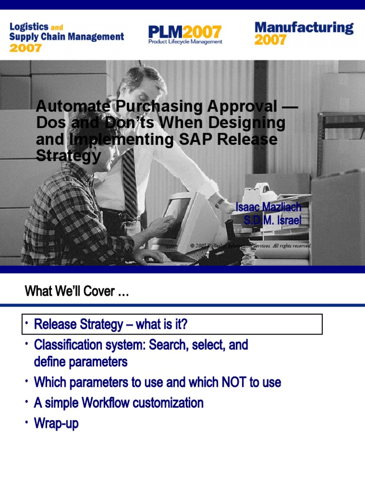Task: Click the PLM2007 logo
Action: (x=184, y=34)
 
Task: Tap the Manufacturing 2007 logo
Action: (x=304, y=33)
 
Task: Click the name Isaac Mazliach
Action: (x=269, y=207)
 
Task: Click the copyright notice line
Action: (x=250, y=246)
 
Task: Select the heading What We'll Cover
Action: (x=77, y=291)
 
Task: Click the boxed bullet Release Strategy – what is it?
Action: (x=111, y=325)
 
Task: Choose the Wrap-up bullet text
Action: (x=56, y=423)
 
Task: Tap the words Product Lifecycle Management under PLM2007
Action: (x=185, y=42)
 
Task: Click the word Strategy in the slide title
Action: (x=68, y=156)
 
